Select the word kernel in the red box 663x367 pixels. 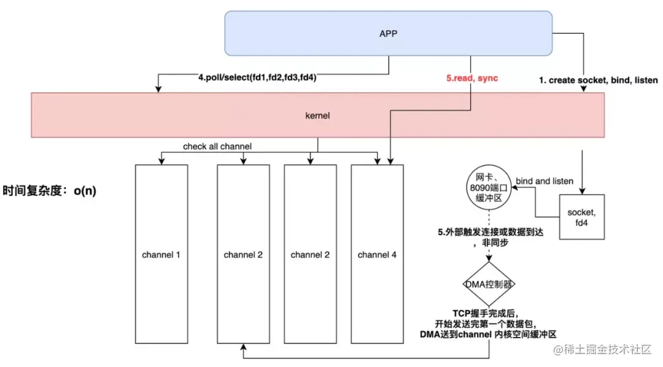(318, 115)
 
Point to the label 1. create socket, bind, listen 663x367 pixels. (599, 80)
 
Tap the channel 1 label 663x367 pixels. (161, 255)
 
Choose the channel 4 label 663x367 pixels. (376, 255)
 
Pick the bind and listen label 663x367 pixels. (545, 181)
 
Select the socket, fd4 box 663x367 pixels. (581, 217)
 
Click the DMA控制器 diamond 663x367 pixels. (489, 284)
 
